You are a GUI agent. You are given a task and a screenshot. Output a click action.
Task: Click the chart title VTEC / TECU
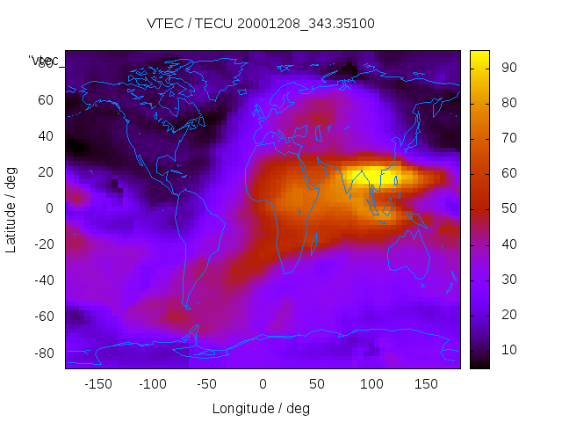point(261,24)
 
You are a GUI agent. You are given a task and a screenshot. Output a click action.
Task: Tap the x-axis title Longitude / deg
point(261,408)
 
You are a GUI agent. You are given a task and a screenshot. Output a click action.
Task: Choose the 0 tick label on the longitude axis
point(263,384)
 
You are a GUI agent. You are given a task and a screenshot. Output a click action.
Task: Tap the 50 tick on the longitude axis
point(317,384)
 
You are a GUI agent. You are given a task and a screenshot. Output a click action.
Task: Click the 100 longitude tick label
point(371,384)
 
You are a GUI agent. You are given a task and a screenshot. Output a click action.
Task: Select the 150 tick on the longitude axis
point(426,384)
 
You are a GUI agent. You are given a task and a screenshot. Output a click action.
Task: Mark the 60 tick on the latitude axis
point(45,100)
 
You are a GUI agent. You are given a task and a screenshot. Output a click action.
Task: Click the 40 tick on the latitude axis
point(45,136)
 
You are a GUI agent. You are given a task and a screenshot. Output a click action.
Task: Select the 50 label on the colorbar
point(508,209)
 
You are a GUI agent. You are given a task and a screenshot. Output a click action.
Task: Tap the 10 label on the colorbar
point(508,351)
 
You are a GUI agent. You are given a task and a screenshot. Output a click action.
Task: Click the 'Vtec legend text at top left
point(43,61)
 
